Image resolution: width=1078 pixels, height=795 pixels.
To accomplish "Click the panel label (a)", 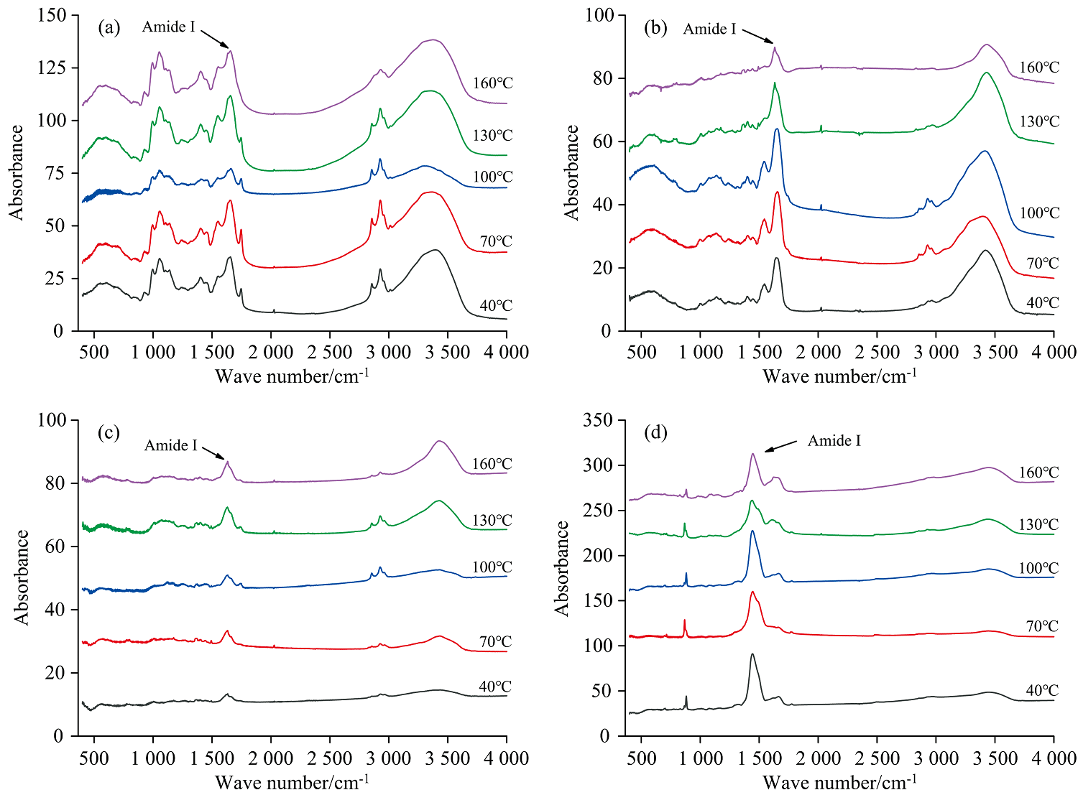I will point(109,28).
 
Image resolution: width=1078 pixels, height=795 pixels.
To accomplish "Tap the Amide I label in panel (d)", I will point(834,440).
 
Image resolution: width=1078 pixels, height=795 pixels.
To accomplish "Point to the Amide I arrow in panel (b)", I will point(757,35).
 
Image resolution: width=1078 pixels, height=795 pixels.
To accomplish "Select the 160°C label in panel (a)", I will point(492,83).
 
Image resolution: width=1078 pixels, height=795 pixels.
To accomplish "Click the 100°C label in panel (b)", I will point(1039,213).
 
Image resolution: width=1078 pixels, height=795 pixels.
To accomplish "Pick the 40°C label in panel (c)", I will point(495,687).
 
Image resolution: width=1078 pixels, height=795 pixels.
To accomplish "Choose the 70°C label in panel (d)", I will point(1042,626).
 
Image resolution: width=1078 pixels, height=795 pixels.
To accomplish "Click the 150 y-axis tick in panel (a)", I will point(52,15).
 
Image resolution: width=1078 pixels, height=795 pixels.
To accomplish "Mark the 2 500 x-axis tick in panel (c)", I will point(330,758).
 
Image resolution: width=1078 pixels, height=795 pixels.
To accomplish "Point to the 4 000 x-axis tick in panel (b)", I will point(1054,352).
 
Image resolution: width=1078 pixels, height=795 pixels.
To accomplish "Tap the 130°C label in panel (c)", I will point(492,520).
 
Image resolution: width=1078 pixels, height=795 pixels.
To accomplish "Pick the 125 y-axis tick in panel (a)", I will point(52,68).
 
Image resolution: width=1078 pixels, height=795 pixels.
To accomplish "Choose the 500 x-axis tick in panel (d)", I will point(641,758).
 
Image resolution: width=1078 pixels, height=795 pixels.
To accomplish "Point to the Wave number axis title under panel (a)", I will point(292,376).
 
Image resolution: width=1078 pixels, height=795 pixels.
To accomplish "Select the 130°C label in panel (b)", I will point(1039,121).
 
